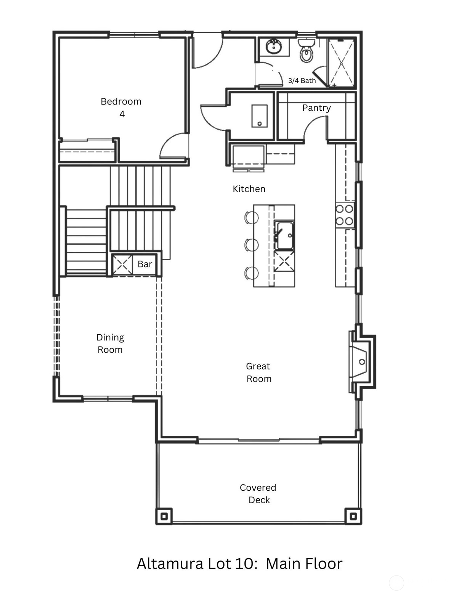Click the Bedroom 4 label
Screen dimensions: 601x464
click(121, 107)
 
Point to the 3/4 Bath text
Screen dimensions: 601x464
click(302, 81)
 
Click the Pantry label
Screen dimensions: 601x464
click(316, 108)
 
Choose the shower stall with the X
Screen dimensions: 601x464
click(341, 63)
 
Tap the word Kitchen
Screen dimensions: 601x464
click(249, 189)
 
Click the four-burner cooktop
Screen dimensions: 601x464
click(344, 215)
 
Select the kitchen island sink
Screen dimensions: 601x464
click(284, 236)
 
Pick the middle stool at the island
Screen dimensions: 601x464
click(252, 245)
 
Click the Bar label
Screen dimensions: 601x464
click(145, 264)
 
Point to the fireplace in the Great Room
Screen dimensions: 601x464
click(360, 361)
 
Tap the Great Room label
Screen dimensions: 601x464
click(258, 372)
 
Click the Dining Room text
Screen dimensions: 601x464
click(110, 343)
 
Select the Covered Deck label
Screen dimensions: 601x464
click(258, 493)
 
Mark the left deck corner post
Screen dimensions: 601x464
click(164, 516)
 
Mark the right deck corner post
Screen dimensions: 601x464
click(353, 516)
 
